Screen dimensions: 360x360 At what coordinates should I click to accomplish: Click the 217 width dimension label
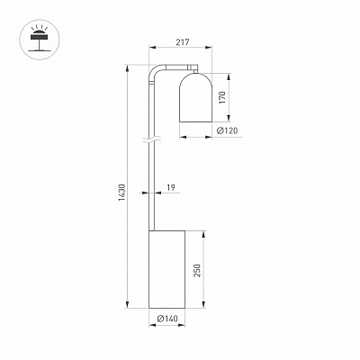point(183,42)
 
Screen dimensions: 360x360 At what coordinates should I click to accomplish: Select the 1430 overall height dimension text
point(122,193)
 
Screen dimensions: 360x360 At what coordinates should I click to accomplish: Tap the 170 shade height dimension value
point(222,97)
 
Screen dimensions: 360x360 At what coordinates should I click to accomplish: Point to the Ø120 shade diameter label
point(227,130)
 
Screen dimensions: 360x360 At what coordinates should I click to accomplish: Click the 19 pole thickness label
point(171,188)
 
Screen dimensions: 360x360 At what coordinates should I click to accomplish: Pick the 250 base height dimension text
point(197,270)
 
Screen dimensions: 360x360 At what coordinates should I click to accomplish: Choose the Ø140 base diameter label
point(167,319)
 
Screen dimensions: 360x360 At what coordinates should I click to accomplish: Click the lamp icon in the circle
point(40,39)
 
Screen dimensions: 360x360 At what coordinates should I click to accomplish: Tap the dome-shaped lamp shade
point(195,97)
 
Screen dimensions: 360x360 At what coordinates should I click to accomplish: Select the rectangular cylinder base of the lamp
point(166,269)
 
